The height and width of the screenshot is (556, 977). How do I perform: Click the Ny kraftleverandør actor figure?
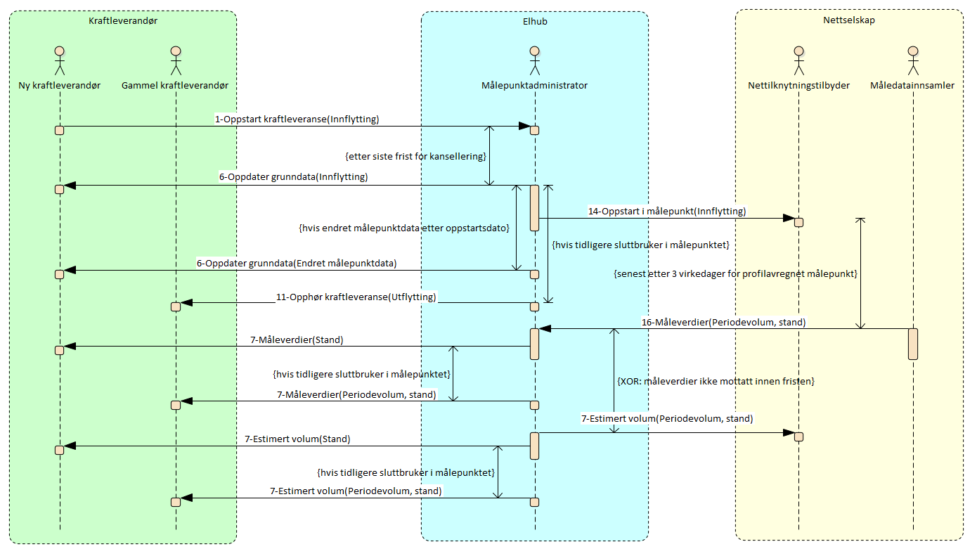click(x=60, y=60)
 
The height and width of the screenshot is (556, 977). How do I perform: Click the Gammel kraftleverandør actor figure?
click(x=175, y=60)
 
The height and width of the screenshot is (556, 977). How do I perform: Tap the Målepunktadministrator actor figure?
click(x=534, y=60)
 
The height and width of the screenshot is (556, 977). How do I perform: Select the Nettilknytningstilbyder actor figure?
click(x=798, y=60)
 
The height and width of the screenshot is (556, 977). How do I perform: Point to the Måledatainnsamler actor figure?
click(x=912, y=60)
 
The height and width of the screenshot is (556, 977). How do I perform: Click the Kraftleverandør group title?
click(x=123, y=21)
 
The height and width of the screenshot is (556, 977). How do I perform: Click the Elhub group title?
click(x=535, y=21)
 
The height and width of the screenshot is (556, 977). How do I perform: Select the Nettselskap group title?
click(x=848, y=20)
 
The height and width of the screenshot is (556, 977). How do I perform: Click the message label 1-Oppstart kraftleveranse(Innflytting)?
click(x=297, y=119)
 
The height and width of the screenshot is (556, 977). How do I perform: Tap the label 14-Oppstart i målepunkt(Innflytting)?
click(x=667, y=211)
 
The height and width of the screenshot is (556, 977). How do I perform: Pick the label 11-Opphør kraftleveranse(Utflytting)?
click(x=356, y=297)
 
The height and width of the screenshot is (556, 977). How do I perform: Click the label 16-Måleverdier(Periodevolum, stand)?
click(x=723, y=323)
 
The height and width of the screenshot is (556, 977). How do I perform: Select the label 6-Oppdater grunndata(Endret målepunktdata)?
click(x=297, y=264)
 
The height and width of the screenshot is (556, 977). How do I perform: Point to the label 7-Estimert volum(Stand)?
click(x=297, y=439)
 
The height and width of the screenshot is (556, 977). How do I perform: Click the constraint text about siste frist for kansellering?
click(x=416, y=156)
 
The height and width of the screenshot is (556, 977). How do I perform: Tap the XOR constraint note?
click(x=716, y=381)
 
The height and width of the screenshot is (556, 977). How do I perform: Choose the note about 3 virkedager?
click(x=735, y=273)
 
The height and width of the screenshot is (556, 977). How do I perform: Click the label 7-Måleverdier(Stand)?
click(x=297, y=340)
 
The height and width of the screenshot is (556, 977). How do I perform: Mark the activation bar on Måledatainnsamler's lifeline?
click(x=912, y=344)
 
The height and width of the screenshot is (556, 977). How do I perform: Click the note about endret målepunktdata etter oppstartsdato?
click(x=403, y=229)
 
